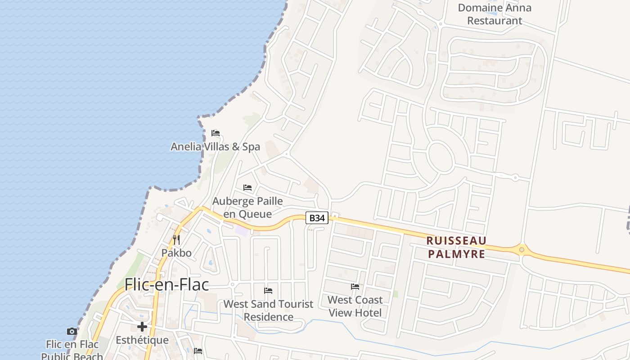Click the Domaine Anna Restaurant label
[495, 14]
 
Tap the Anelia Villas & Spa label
[215, 147]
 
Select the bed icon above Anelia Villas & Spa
[216, 133]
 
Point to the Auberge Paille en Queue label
[247, 207]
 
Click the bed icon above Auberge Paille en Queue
[247, 188]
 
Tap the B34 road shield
[317, 218]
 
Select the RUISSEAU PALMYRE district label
[456, 247]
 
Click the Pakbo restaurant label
[176, 253]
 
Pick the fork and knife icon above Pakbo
[176, 239]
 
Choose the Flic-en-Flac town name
[166, 284]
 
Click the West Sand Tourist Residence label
[268, 310]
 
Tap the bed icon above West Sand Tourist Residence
[268, 291]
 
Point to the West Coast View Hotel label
[355, 306]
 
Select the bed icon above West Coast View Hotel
[355, 287]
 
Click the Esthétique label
[142, 340]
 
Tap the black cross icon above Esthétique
[142, 327]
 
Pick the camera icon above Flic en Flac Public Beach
[72, 332]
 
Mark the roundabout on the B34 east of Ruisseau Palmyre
[522, 249]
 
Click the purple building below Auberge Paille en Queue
[242, 231]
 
